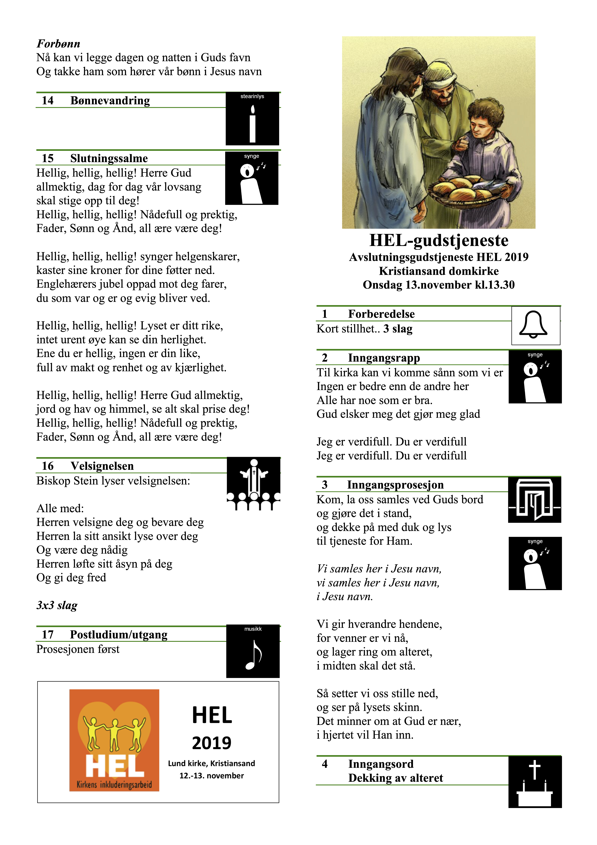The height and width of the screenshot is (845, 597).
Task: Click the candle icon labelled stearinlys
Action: pyautogui.click(x=252, y=119)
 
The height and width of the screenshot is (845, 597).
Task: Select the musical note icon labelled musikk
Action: pyautogui.click(x=253, y=651)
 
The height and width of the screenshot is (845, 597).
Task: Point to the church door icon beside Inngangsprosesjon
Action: pyautogui.click(x=534, y=500)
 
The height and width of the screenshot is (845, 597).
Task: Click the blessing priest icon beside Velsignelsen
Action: pyautogui.click(x=253, y=483)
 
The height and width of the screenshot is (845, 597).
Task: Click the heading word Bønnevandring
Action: pyautogui.click(x=110, y=100)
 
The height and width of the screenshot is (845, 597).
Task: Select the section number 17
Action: pyautogui.click(x=48, y=634)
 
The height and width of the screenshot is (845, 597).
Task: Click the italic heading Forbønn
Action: pyautogui.click(x=58, y=44)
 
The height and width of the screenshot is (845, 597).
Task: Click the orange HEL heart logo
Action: pyautogui.click(x=114, y=740)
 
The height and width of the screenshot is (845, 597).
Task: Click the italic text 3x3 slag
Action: pyautogui.click(x=57, y=605)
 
